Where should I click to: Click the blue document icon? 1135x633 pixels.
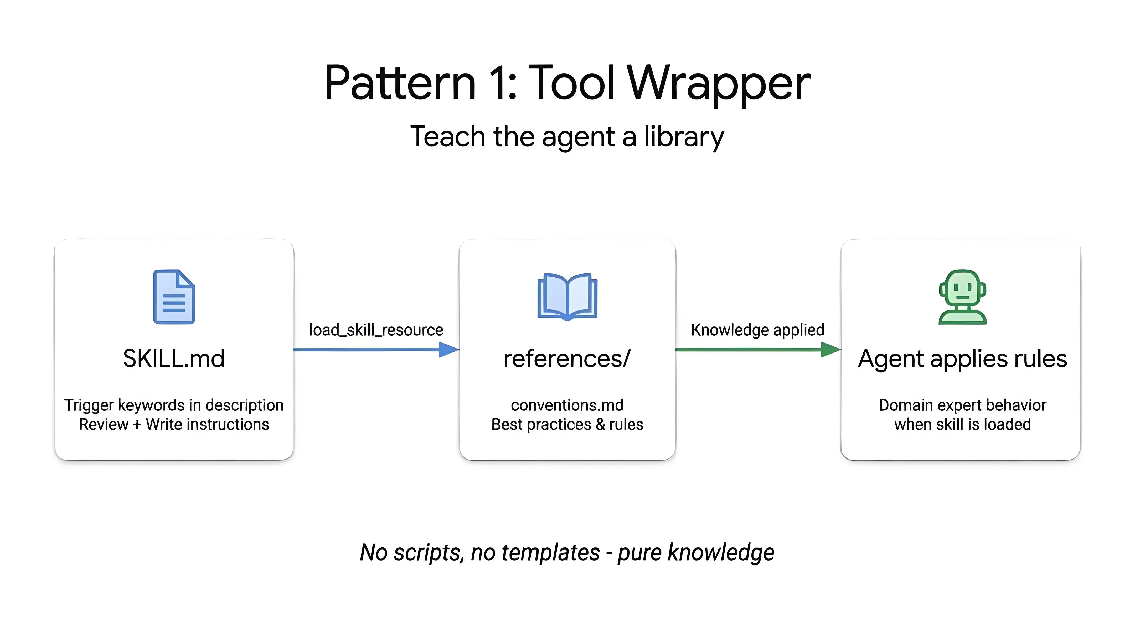(x=174, y=297)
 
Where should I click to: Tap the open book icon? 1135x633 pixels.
(x=567, y=296)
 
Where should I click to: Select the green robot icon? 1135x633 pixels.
(x=962, y=297)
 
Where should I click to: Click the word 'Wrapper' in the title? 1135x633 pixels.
(x=719, y=84)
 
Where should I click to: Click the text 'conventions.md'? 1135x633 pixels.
(x=567, y=405)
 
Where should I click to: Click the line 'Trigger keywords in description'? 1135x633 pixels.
(x=174, y=405)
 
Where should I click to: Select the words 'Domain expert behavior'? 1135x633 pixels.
(x=962, y=405)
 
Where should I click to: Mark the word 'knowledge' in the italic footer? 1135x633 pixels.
(x=721, y=552)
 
